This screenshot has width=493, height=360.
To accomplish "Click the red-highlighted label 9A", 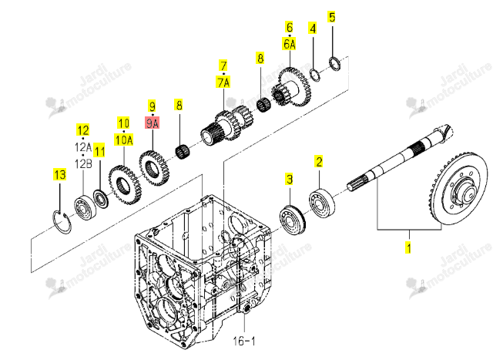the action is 153,123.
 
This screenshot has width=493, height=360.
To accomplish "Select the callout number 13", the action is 60,174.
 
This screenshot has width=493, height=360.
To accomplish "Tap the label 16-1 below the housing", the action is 244,341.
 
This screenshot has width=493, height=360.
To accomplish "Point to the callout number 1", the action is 408,247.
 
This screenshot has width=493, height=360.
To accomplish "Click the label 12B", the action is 83,163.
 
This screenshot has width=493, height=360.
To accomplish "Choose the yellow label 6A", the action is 290,44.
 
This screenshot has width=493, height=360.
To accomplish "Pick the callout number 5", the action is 332,17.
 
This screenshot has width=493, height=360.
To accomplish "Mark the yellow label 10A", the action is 124,140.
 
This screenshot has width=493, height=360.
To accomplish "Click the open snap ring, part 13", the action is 62,222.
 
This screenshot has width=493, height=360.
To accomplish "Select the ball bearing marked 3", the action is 293,220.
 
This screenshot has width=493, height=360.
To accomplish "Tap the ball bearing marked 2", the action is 322,203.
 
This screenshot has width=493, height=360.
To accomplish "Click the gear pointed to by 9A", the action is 154,168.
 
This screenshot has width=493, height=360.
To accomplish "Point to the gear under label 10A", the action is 125,185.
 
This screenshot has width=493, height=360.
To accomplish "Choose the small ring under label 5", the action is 335,63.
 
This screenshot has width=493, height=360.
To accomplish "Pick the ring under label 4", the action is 315,75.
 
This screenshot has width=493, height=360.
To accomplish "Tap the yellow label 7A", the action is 223,82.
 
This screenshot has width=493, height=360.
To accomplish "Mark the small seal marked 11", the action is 101,199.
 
